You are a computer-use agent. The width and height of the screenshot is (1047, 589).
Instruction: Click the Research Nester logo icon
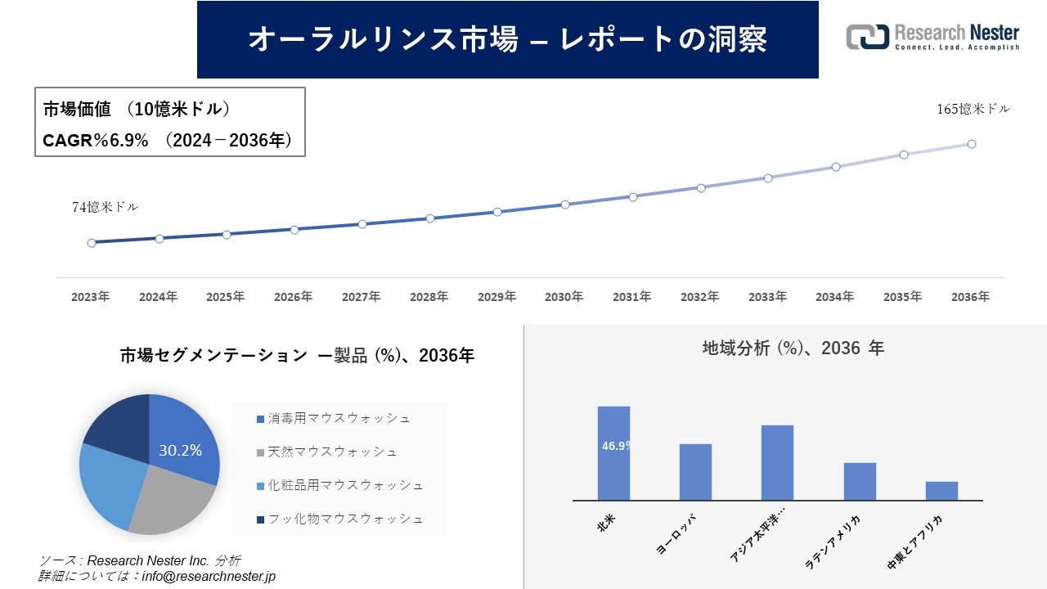pos(868,37)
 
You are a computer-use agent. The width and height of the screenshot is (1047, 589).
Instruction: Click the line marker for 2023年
pos(92,243)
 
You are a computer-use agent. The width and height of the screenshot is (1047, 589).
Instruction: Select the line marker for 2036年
pos(972,144)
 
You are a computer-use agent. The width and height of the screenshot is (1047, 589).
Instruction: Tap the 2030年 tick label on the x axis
pos(564,297)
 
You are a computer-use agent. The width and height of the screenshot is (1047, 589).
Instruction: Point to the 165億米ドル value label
pos(973,109)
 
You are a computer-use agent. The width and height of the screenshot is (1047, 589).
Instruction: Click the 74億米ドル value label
pos(106,207)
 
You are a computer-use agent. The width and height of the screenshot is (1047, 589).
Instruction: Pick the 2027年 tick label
pos(361,297)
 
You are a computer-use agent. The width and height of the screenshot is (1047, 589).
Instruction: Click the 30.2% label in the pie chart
pos(180,450)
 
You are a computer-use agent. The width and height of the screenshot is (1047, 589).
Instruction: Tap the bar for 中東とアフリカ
pos(941,491)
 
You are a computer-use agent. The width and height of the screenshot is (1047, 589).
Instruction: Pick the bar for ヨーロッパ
pos(695,472)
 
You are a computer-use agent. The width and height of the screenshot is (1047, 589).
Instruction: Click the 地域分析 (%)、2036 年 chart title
pos(793,348)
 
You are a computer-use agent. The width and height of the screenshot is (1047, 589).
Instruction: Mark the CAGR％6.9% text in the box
pos(96,141)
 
